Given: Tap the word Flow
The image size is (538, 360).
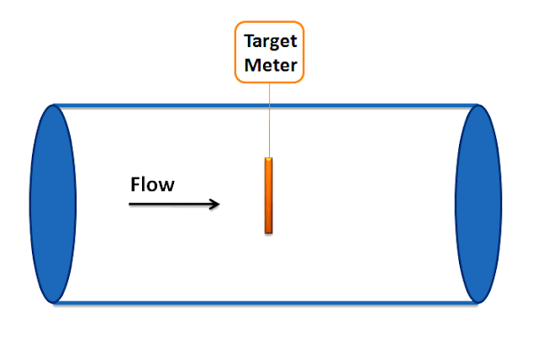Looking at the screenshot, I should [x=152, y=184].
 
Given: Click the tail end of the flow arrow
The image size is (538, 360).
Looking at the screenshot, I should [x=130, y=204].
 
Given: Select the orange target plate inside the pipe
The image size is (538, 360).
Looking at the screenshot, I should [x=269, y=195].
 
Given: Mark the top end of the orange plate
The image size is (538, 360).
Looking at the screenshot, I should [x=269, y=159].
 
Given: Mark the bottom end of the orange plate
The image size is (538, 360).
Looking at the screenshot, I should [x=269, y=232].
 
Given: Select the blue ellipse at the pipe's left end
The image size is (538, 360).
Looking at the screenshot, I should [x=53, y=204].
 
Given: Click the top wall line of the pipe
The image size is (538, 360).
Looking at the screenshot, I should [x=168, y=106].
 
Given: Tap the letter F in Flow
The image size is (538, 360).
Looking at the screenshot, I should [x=135, y=184].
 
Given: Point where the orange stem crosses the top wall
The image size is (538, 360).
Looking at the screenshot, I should [x=269, y=106].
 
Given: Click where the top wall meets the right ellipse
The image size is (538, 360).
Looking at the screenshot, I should [x=477, y=106].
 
